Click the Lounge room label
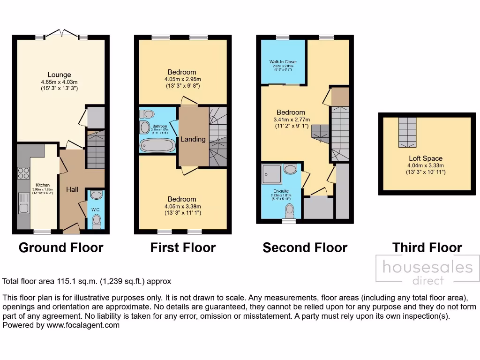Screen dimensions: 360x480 pos(59,75)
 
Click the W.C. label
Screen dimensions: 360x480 pos(96,209)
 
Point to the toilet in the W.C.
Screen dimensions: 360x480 pos(97,220)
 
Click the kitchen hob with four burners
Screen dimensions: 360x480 pos(22,173)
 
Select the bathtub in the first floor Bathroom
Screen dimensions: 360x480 pos(157,145)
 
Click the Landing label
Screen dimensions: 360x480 pos(193,139)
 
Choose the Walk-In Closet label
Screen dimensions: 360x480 pos(283,62)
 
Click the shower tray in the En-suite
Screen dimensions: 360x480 pos(271,172)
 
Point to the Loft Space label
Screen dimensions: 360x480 pos(425,158)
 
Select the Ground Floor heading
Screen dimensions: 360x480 pos(61,247)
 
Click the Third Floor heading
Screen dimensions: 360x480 pos(427,247)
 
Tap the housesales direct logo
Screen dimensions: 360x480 pos(427,271)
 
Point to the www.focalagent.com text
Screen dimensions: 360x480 pos(83,325)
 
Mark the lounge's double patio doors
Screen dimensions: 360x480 pos(62,34)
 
